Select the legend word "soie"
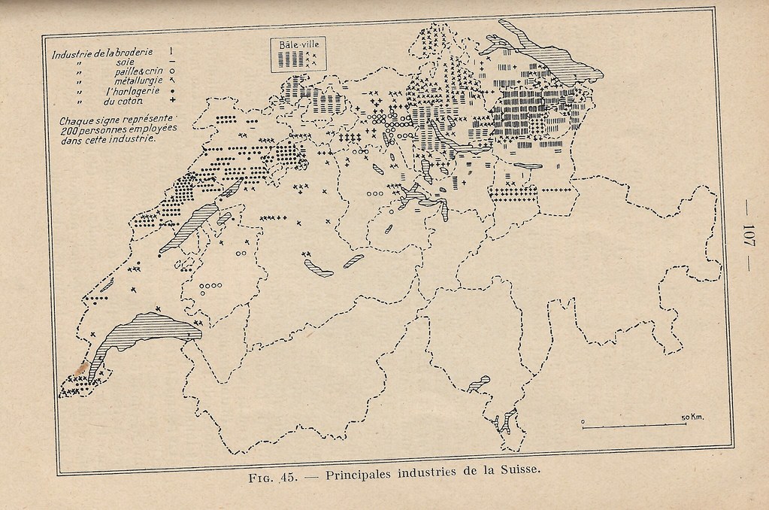click(x=125, y=62)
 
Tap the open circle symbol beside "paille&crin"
click(x=172, y=71)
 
